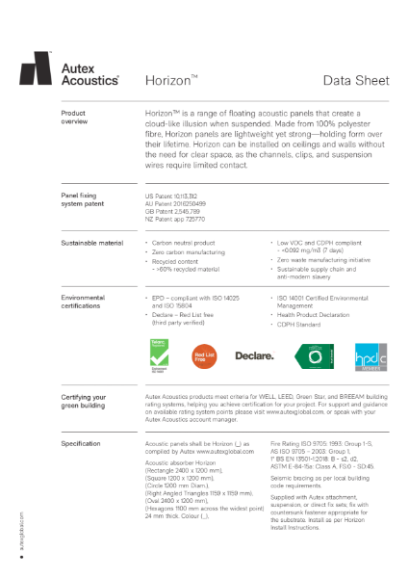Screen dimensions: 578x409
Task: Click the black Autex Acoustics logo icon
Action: coord(38,69)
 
